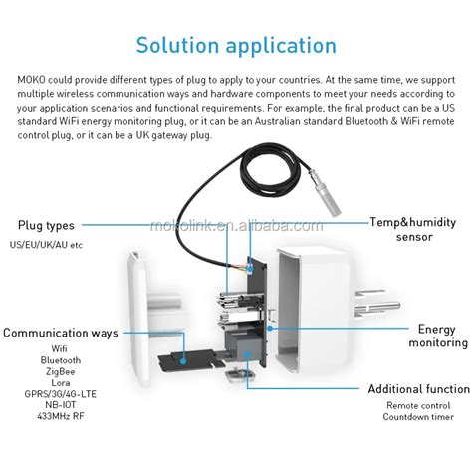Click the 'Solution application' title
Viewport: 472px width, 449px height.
[x=236, y=46]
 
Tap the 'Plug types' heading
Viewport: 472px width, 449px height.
[x=46, y=226]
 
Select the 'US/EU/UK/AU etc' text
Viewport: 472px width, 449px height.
[x=46, y=245]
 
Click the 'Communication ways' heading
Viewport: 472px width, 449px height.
[x=61, y=333]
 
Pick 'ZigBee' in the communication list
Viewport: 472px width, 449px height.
[x=61, y=371]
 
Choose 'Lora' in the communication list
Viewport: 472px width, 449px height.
[x=61, y=383]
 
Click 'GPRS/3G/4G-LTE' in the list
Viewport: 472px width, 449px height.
[x=61, y=394]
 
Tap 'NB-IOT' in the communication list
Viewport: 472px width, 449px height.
[x=61, y=405]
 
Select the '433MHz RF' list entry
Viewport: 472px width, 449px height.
[x=61, y=416]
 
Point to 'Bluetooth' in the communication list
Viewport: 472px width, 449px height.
[x=61, y=360]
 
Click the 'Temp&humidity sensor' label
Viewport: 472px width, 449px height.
[x=413, y=230]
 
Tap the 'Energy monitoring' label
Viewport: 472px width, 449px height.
[x=438, y=336]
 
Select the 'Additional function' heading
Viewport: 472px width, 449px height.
[x=419, y=389]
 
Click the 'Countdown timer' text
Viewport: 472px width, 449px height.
[x=418, y=417]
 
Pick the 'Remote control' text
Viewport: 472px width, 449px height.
[x=418, y=405]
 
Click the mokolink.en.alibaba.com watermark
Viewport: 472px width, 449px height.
[x=236, y=226]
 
